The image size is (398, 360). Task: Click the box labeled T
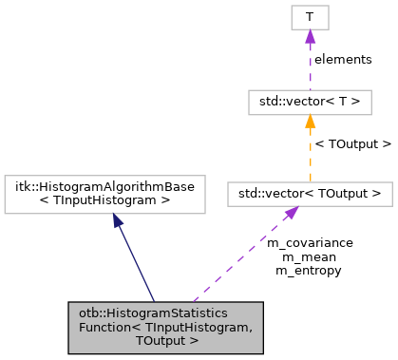[309, 17]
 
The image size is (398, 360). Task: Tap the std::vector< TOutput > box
[309, 194]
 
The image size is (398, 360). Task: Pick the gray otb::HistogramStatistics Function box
[166, 326]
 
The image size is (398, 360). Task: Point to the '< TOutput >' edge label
[352, 144]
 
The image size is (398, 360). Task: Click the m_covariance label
[310, 243]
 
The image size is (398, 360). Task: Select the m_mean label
[310, 256]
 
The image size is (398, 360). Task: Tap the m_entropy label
[310, 270]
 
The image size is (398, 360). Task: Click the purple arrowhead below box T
[309, 37]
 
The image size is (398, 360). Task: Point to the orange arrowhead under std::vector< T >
[309, 123]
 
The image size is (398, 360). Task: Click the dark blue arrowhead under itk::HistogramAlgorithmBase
[118, 220]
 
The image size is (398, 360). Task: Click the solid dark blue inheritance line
[136, 261]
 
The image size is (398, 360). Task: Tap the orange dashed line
[309, 157]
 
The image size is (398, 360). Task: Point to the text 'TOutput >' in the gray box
[166, 339]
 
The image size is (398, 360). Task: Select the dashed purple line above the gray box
[237, 258]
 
